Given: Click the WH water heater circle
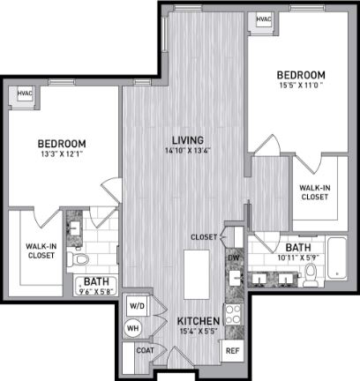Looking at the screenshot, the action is pyautogui.click(x=132, y=328).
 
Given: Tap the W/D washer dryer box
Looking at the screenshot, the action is pyautogui.click(x=137, y=306).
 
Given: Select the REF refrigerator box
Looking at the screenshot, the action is pyautogui.click(x=232, y=351).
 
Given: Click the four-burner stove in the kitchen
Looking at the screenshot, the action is pyautogui.click(x=233, y=314).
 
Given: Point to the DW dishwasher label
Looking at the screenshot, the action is pyautogui.click(x=234, y=258).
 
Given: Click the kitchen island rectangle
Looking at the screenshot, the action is pyautogui.click(x=197, y=274).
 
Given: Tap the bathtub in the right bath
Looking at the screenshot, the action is pyautogui.click(x=337, y=258).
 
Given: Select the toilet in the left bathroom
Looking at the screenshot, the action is pyautogui.click(x=79, y=259).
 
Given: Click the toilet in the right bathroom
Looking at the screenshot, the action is pyautogui.click(x=311, y=275).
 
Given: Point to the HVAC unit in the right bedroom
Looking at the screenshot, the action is pyautogui.click(x=264, y=19).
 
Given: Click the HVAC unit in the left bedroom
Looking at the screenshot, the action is pyautogui.click(x=25, y=93).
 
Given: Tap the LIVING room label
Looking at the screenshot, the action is pyautogui.click(x=188, y=140).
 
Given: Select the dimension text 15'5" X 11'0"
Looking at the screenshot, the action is pyautogui.click(x=301, y=86).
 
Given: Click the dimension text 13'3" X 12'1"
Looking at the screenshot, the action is pyautogui.click(x=62, y=153).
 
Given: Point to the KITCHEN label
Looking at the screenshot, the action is pyautogui.click(x=199, y=321).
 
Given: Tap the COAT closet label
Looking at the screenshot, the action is pyautogui.click(x=145, y=350).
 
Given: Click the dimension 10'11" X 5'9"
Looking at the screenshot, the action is pyautogui.click(x=298, y=258).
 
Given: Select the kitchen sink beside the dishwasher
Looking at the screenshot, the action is pyautogui.click(x=236, y=278).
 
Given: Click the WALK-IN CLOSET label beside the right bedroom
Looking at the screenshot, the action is pyautogui.click(x=315, y=192).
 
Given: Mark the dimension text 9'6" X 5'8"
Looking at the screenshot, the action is pyautogui.click(x=96, y=292).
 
